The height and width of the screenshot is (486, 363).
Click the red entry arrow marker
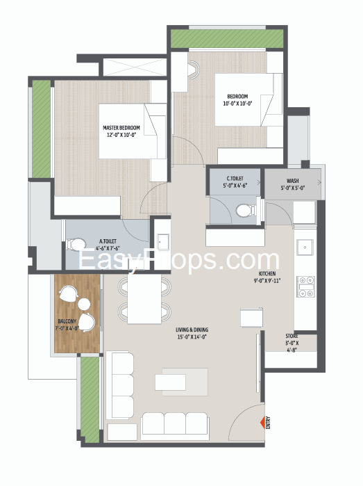(262, 423)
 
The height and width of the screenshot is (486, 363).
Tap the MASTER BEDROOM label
(121, 128)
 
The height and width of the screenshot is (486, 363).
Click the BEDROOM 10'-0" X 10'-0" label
(237, 100)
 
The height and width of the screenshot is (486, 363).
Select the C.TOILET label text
(235, 179)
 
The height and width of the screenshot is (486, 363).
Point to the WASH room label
(292, 181)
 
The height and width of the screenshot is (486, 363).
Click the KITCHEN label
(267, 274)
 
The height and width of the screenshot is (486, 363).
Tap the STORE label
(292, 336)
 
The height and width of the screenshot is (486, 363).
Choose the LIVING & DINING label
(192, 330)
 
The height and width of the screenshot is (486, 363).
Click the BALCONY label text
(67, 321)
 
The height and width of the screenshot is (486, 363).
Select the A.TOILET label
(108, 241)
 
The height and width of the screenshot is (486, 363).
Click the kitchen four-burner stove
(306, 286)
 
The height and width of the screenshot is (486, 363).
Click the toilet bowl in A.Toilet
(76, 244)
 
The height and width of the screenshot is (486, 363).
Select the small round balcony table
(84, 304)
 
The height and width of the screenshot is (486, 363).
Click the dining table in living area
(144, 300)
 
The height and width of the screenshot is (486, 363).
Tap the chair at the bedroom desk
(194, 68)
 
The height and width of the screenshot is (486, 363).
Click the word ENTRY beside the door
(268, 423)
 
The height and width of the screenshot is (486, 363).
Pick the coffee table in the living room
(170, 382)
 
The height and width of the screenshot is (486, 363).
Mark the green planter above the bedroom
(227, 39)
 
